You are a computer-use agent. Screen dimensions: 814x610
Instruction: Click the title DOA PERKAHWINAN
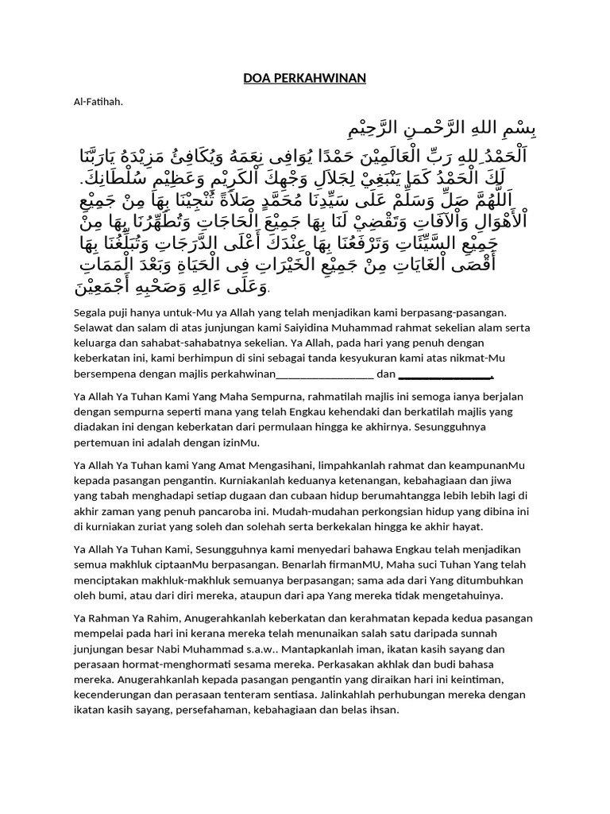click(305, 78)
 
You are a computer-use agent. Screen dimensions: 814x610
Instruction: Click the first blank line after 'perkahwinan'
click(326, 374)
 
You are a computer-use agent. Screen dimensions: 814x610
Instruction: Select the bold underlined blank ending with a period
click(450, 374)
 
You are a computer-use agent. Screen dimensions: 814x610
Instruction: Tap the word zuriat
click(160, 526)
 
